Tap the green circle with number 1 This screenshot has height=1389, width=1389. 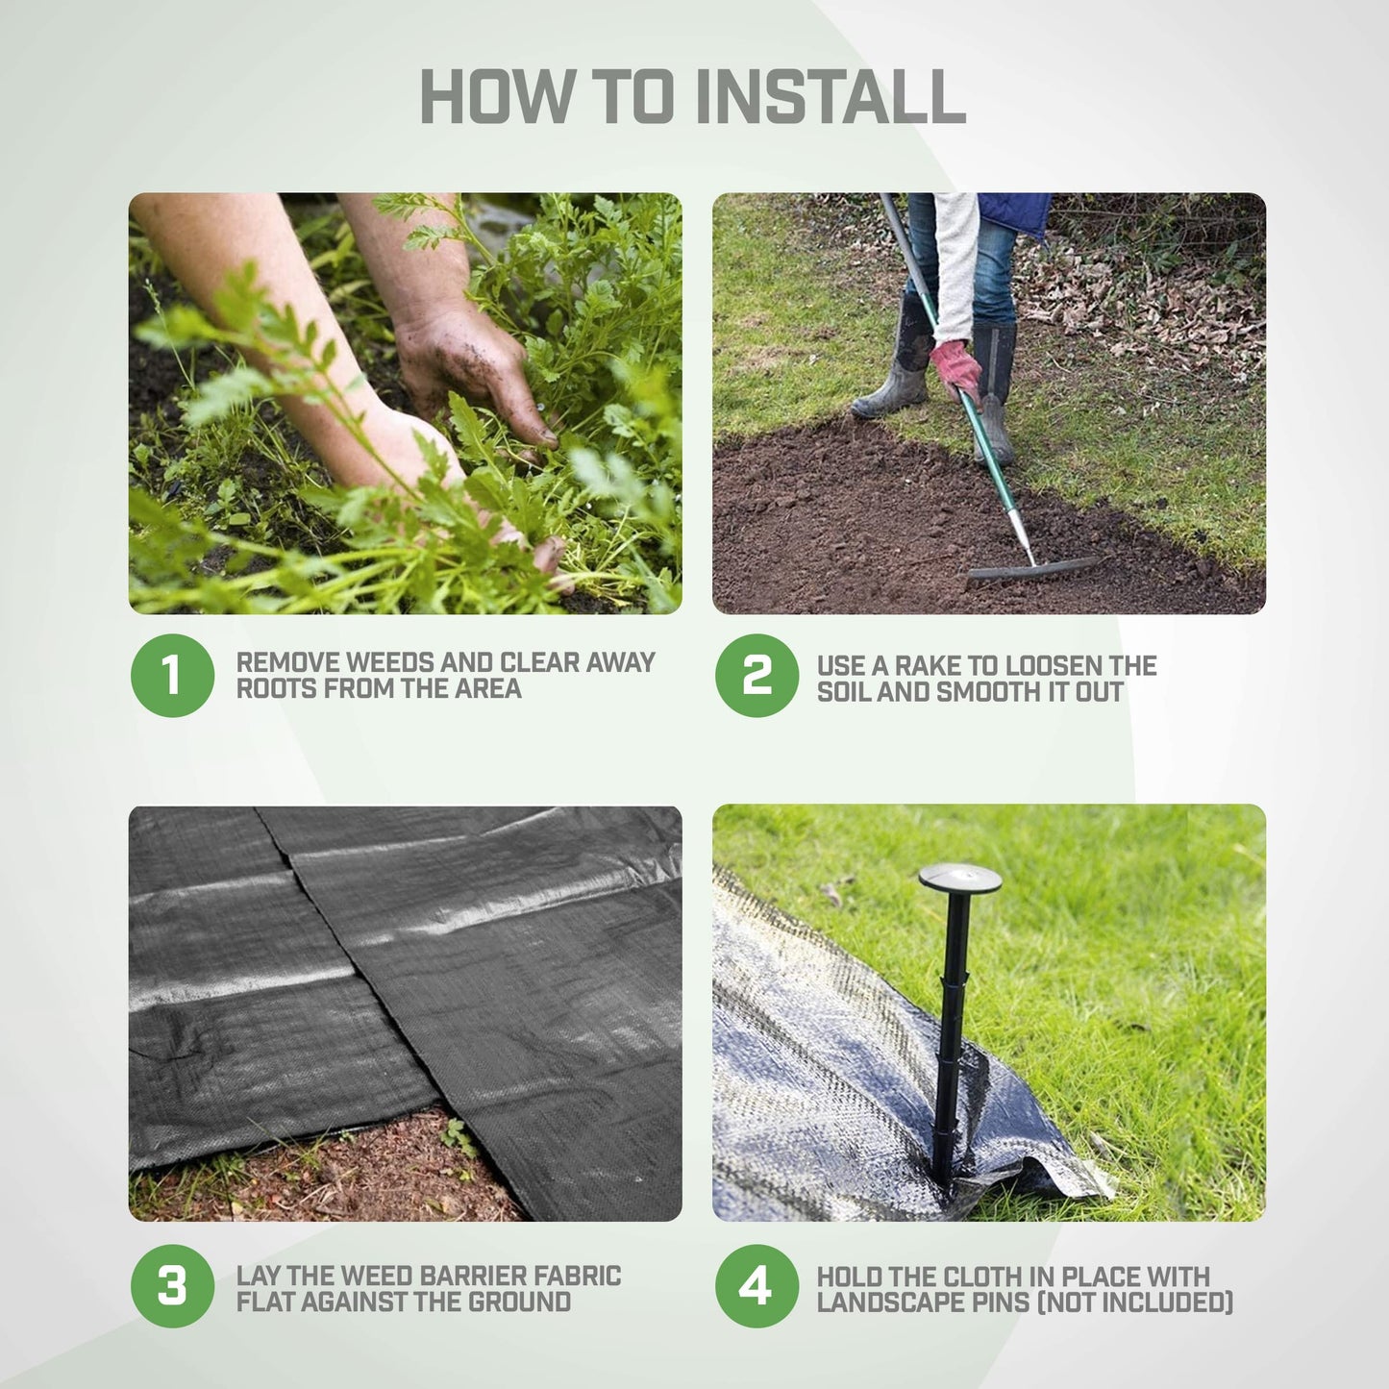[x=172, y=675]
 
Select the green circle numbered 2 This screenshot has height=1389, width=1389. [x=757, y=675]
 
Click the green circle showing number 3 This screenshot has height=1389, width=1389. [x=172, y=1286]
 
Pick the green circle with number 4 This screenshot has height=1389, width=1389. [x=757, y=1286]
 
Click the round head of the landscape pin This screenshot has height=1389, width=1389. [x=959, y=878]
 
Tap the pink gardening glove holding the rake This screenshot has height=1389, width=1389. [x=955, y=366]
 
